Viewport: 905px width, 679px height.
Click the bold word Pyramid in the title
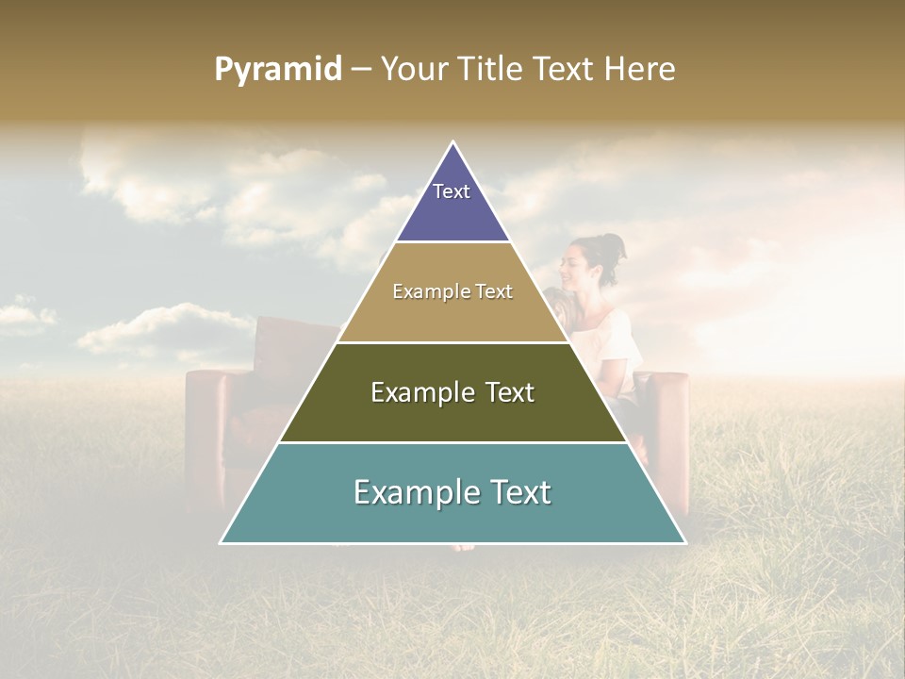coord(278,70)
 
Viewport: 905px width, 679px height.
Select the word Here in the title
coord(639,70)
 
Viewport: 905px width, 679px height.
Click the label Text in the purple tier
coord(451,191)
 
